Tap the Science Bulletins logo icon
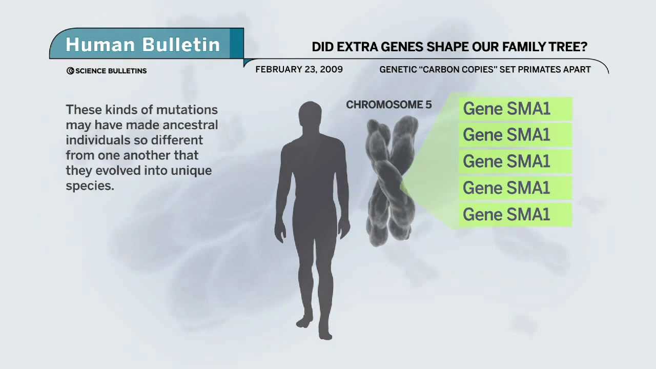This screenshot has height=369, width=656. pyautogui.click(x=70, y=71)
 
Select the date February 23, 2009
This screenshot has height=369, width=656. pyautogui.click(x=299, y=69)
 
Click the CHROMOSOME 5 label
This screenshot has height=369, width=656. pyautogui.click(x=388, y=105)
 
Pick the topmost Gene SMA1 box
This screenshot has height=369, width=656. pyautogui.click(x=515, y=109)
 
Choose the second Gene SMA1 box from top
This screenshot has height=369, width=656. pyautogui.click(x=515, y=135)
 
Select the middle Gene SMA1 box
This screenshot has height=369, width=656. pyautogui.click(x=515, y=161)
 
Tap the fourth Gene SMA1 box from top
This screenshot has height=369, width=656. pyautogui.click(x=515, y=188)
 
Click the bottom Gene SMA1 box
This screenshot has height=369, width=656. pyautogui.click(x=515, y=215)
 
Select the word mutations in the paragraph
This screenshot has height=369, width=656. pyautogui.click(x=187, y=110)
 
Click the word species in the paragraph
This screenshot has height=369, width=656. pyautogui.click(x=89, y=186)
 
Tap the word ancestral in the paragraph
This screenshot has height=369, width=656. pyautogui.click(x=190, y=125)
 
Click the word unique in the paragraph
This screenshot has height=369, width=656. pyautogui.click(x=191, y=171)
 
